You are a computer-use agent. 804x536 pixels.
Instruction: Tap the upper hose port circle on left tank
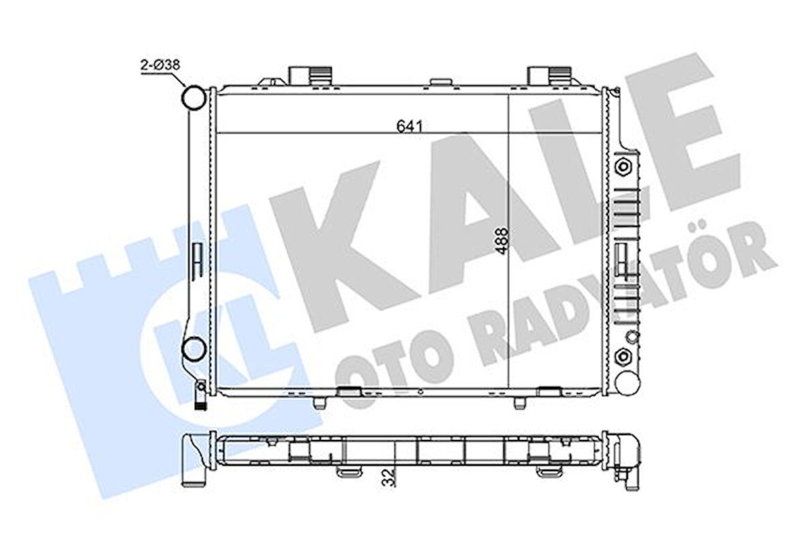[x=194, y=98]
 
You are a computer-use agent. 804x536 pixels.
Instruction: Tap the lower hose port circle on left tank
[x=194, y=349]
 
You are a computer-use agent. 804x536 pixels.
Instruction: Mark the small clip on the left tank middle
[x=198, y=260]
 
